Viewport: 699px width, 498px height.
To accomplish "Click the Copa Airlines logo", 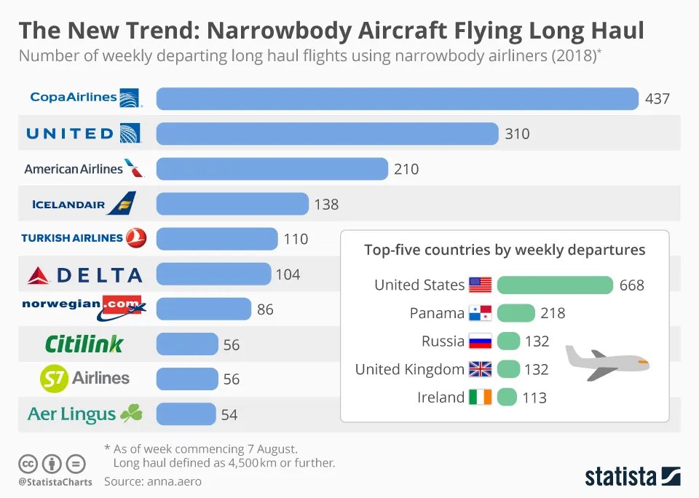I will [84, 98].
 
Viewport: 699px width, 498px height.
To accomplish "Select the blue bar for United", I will [327, 133].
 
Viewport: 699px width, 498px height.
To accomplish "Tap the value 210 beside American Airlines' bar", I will [406, 169].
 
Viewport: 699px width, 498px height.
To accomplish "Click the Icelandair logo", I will [84, 204].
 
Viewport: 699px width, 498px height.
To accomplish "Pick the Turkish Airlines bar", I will [217, 239].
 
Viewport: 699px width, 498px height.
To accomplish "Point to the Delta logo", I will [84, 274].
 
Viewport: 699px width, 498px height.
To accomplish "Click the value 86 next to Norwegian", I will [265, 309].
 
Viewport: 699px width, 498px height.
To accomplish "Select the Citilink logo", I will [84, 344].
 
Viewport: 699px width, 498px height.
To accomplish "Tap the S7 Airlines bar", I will [187, 379].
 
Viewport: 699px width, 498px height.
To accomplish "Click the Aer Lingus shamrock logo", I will [131, 414].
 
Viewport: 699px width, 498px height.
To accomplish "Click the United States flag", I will [481, 285].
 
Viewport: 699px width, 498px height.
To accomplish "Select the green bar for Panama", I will [516, 313].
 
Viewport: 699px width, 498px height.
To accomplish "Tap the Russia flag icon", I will [481, 341].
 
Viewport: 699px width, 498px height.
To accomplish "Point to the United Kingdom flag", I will [481, 369].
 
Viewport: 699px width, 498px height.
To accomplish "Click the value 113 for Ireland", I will [534, 398].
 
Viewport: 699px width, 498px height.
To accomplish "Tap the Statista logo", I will [632, 477].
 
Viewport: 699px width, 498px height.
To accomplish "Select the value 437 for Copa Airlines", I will [657, 98].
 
